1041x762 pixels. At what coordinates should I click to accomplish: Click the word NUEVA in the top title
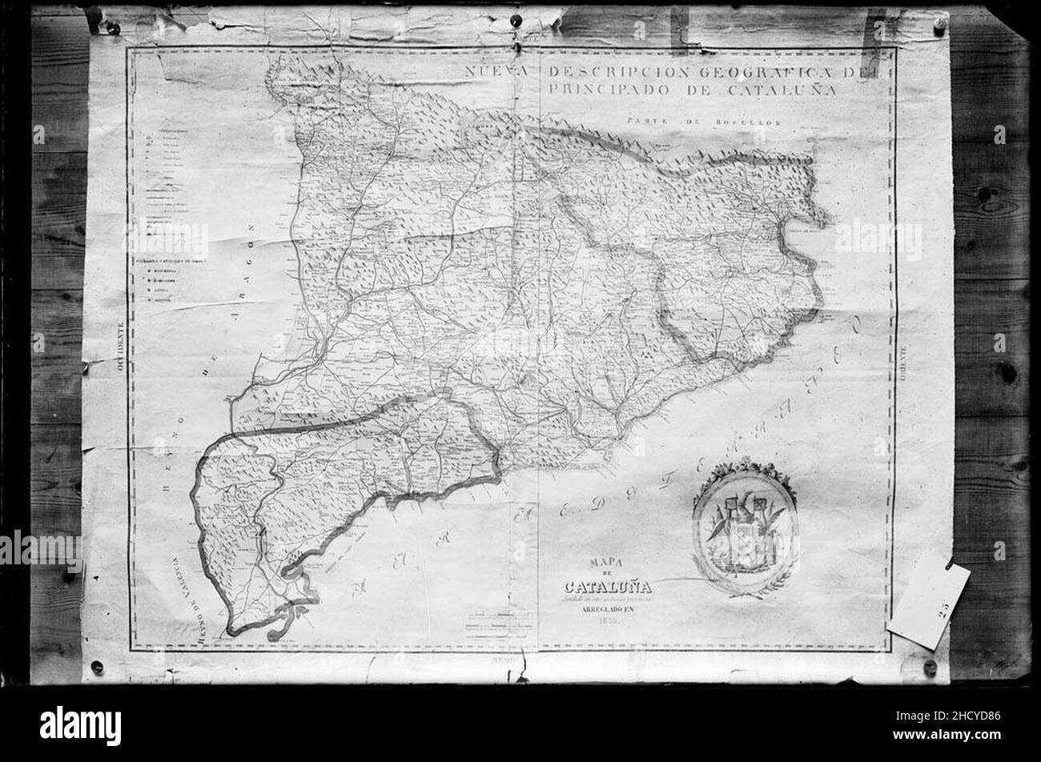(x=497, y=72)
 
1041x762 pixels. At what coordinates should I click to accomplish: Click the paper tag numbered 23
(x=929, y=604)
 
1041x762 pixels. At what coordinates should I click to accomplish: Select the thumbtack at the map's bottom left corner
(x=98, y=666)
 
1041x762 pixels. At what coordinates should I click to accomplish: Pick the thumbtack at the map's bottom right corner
(x=929, y=666)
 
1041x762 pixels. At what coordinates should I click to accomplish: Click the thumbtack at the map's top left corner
(x=113, y=28)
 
